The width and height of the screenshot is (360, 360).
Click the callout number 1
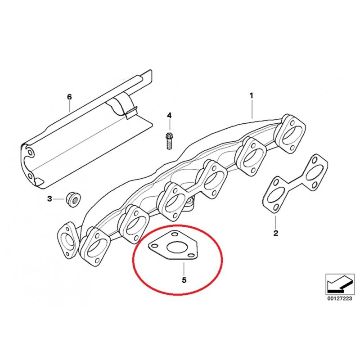click(x=252, y=95)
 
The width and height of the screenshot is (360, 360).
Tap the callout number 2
click(x=275, y=233)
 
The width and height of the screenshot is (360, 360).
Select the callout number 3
click(x=49, y=198)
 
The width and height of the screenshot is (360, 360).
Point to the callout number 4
click(x=169, y=115)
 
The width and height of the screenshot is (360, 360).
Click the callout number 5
click(x=184, y=280)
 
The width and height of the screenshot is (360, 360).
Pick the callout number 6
click(x=69, y=97)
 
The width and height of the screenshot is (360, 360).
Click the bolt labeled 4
click(x=169, y=141)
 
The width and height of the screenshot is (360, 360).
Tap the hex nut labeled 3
click(x=74, y=199)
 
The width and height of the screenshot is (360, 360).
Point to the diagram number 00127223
click(x=339, y=299)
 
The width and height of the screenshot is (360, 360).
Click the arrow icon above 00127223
click(x=340, y=284)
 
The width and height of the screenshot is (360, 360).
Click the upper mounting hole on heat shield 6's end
click(x=30, y=153)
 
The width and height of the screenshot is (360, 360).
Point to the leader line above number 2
click(x=275, y=220)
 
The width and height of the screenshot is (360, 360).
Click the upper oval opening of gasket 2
click(x=313, y=172)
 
